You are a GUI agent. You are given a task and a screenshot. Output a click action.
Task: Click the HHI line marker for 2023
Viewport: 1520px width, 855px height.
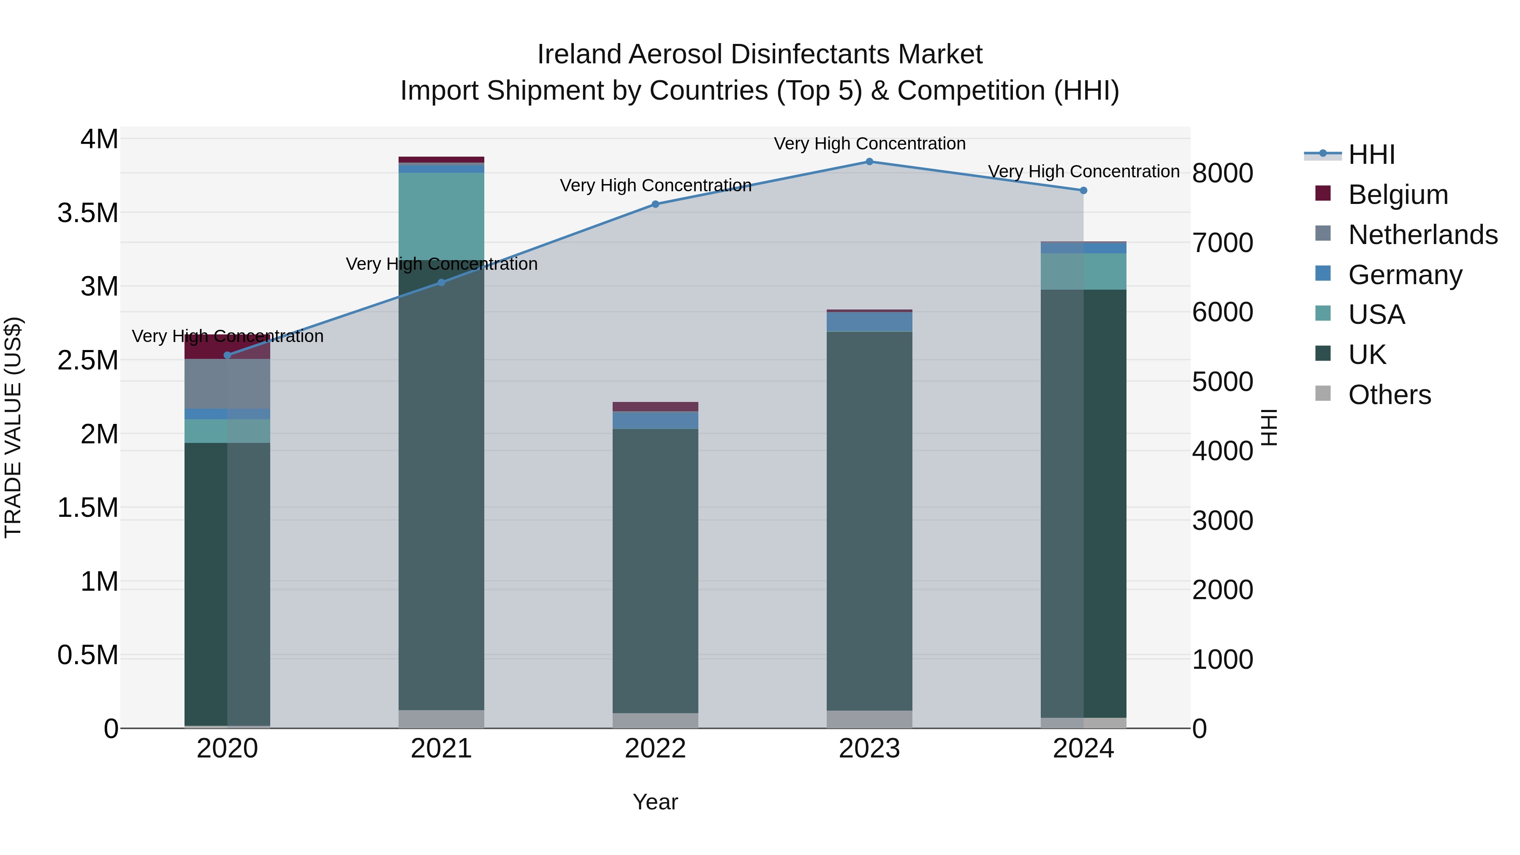coord(869,162)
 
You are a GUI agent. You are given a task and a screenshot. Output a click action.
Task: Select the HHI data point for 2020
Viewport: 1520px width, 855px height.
coord(228,355)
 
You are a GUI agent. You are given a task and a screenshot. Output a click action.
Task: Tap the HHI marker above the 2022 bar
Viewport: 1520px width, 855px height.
coord(655,204)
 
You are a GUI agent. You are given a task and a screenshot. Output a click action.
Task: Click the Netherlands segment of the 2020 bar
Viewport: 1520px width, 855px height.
coord(228,383)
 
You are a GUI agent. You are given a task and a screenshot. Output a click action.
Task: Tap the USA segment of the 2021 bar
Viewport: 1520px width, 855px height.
coord(441,216)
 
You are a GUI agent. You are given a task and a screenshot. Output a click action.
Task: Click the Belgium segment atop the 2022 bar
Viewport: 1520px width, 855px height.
coord(655,407)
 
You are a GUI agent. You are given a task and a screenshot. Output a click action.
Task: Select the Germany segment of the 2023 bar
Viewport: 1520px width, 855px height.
coord(869,322)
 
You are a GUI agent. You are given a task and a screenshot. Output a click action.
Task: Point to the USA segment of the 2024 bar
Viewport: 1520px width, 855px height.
coord(1083,271)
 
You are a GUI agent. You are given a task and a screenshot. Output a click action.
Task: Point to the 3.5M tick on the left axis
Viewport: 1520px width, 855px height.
coord(88,213)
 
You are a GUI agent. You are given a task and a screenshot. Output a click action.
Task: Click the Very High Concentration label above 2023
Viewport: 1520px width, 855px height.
coord(869,144)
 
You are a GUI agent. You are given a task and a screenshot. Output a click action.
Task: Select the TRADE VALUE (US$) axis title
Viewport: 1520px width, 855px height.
coord(13,427)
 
